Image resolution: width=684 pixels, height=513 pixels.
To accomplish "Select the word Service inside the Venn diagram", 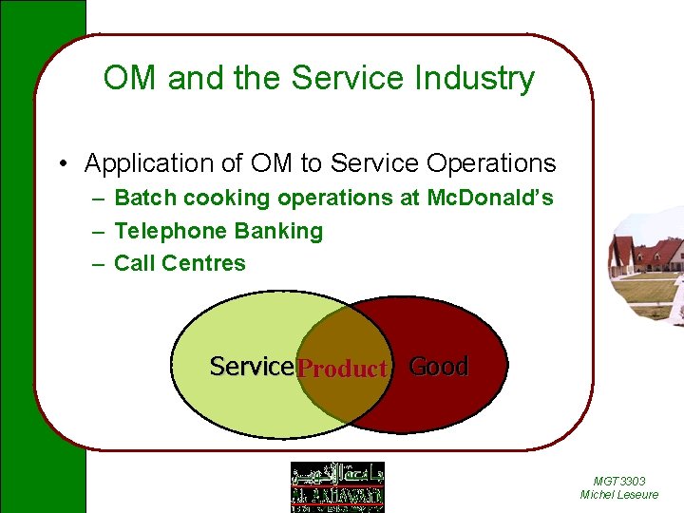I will (252, 366).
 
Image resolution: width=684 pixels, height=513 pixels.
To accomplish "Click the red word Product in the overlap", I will (342, 369).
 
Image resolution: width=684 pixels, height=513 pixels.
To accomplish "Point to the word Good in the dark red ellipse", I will (438, 366).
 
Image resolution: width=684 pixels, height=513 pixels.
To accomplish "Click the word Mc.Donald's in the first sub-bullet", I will (490, 199).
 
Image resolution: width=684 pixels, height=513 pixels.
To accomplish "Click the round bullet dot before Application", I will (61, 164).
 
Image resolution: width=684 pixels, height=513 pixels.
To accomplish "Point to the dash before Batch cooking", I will (98, 199).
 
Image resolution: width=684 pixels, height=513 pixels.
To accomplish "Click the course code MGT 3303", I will (618, 482).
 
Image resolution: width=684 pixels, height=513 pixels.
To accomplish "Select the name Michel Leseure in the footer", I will (618, 495).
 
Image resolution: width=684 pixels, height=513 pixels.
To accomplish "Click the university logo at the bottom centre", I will (337, 486).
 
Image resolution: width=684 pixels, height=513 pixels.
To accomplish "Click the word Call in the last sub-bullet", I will (134, 263).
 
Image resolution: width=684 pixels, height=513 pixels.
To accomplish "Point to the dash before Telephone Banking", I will (98, 232).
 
